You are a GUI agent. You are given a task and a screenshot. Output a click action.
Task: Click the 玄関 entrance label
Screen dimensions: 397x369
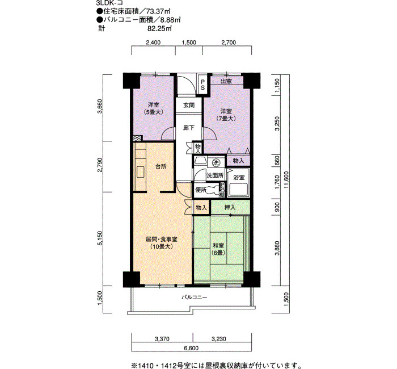189,105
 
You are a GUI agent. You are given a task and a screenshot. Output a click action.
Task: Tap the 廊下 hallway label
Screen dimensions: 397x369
189,128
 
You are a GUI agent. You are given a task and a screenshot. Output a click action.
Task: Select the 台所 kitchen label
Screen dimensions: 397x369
161,166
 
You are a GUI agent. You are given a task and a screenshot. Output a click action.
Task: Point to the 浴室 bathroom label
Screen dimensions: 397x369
239,178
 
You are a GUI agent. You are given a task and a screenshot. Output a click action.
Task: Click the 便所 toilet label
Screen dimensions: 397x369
201,190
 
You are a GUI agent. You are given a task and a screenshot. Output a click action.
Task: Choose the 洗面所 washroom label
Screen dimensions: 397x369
215,175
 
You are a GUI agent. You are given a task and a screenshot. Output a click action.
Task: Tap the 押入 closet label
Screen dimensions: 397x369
230,208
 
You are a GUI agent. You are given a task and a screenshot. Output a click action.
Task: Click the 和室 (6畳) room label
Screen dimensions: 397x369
218,249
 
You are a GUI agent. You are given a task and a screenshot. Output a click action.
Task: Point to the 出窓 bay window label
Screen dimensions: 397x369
226,81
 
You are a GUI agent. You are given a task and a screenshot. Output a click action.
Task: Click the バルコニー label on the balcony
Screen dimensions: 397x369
194,297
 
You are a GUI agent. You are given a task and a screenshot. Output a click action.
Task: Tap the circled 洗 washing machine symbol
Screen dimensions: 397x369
216,163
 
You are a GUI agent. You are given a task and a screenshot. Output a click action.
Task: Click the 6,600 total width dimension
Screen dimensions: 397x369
192,348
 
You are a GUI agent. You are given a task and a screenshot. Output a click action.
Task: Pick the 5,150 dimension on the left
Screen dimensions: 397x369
100,238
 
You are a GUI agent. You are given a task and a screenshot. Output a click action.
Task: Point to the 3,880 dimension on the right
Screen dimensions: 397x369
277,248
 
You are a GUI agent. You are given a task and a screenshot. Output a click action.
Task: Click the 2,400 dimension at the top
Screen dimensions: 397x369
153,43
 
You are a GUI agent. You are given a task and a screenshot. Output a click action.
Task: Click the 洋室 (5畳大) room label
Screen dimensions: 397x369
154,108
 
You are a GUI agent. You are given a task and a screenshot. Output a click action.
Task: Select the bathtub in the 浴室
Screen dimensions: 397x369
238,190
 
